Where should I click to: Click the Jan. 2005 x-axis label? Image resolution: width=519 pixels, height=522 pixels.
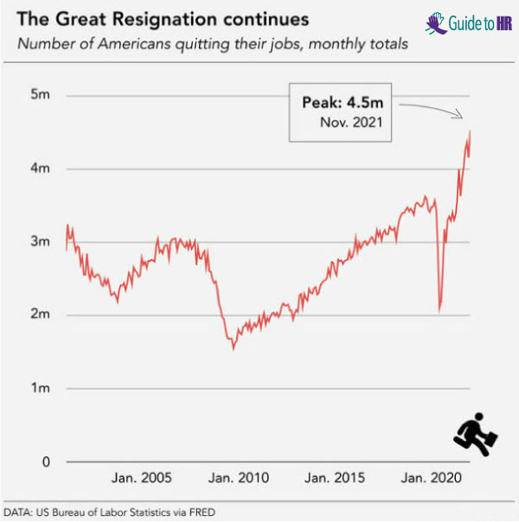pos(143,477)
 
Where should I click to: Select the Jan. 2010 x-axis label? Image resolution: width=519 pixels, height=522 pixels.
pos(240,477)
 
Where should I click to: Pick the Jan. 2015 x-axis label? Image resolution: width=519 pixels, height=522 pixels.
pos(336,477)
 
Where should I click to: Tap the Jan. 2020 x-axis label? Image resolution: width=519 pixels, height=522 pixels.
pos(432,477)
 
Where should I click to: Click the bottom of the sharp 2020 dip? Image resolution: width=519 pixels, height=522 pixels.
pos(440,311)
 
